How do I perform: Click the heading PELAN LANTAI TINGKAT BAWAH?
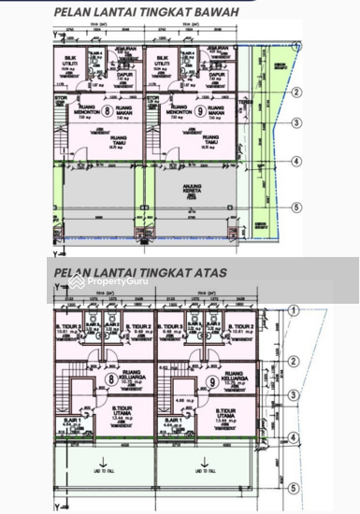pos(145,13)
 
